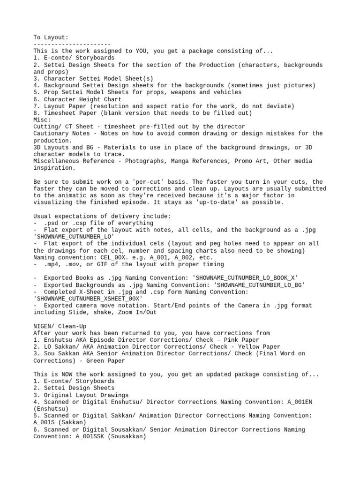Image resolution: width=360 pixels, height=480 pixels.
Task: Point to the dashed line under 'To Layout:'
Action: (72, 44)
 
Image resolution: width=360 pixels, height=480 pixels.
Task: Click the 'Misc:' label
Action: (42, 120)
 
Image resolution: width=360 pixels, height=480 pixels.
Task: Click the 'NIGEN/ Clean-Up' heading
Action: (60, 326)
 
